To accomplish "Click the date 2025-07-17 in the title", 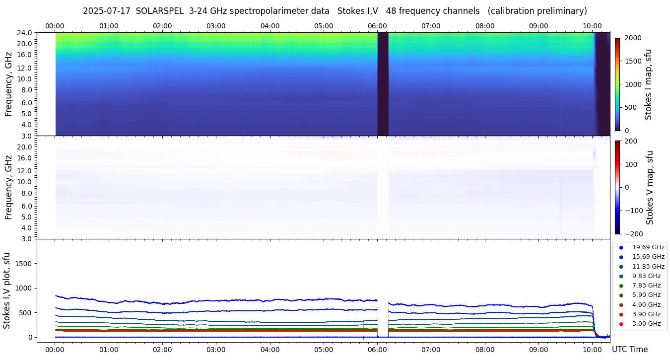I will (x=107, y=11).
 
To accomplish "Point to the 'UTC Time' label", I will (x=629, y=350).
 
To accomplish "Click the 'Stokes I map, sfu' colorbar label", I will (x=648, y=84).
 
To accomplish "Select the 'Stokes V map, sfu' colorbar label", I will (x=650, y=188).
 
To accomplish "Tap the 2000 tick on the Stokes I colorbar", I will (x=632, y=38).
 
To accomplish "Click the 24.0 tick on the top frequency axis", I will (x=25, y=33).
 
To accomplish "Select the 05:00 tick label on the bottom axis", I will (x=324, y=350).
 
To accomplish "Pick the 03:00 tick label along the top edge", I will (x=216, y=26).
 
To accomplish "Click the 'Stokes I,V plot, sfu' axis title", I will (x=7, y=290).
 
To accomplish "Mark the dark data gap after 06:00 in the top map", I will (x=383, y=83).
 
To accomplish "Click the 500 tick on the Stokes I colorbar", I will (x=630, y=107).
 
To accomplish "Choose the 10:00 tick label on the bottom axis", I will (x=592, y=350).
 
